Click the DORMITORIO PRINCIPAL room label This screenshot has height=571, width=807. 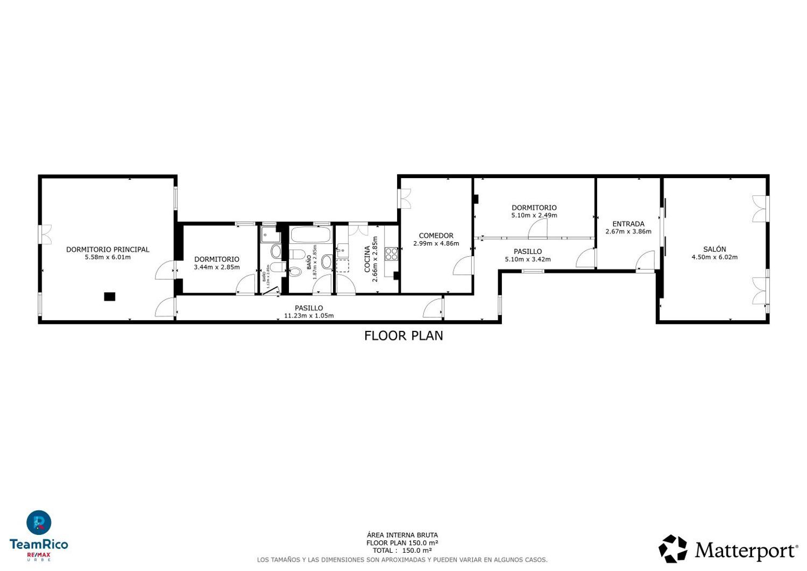(108, 249)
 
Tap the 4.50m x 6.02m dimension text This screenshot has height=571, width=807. (714, 257)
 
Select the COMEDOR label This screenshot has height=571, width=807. (436, 235)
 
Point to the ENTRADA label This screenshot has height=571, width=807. (628, 224)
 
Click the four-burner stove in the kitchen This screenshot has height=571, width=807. (391, 254)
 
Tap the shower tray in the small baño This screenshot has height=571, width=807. (268, 235)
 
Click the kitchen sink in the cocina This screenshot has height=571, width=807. (342, 250)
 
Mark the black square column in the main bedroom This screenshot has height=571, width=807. (110, 297)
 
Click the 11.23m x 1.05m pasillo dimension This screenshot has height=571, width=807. (309, 316)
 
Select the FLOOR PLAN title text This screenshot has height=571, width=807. (403, 336)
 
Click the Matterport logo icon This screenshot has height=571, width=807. (672, 549)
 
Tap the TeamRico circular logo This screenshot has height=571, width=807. (39, 523)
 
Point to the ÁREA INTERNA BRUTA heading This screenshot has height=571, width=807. (402, 535)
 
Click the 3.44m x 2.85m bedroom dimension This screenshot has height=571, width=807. (217, 267)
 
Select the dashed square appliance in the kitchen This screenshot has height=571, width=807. (342, 266)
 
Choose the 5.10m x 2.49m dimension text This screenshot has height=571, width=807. (534, 215)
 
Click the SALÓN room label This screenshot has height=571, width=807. (714, 249)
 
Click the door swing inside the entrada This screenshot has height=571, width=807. (645, 263)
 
